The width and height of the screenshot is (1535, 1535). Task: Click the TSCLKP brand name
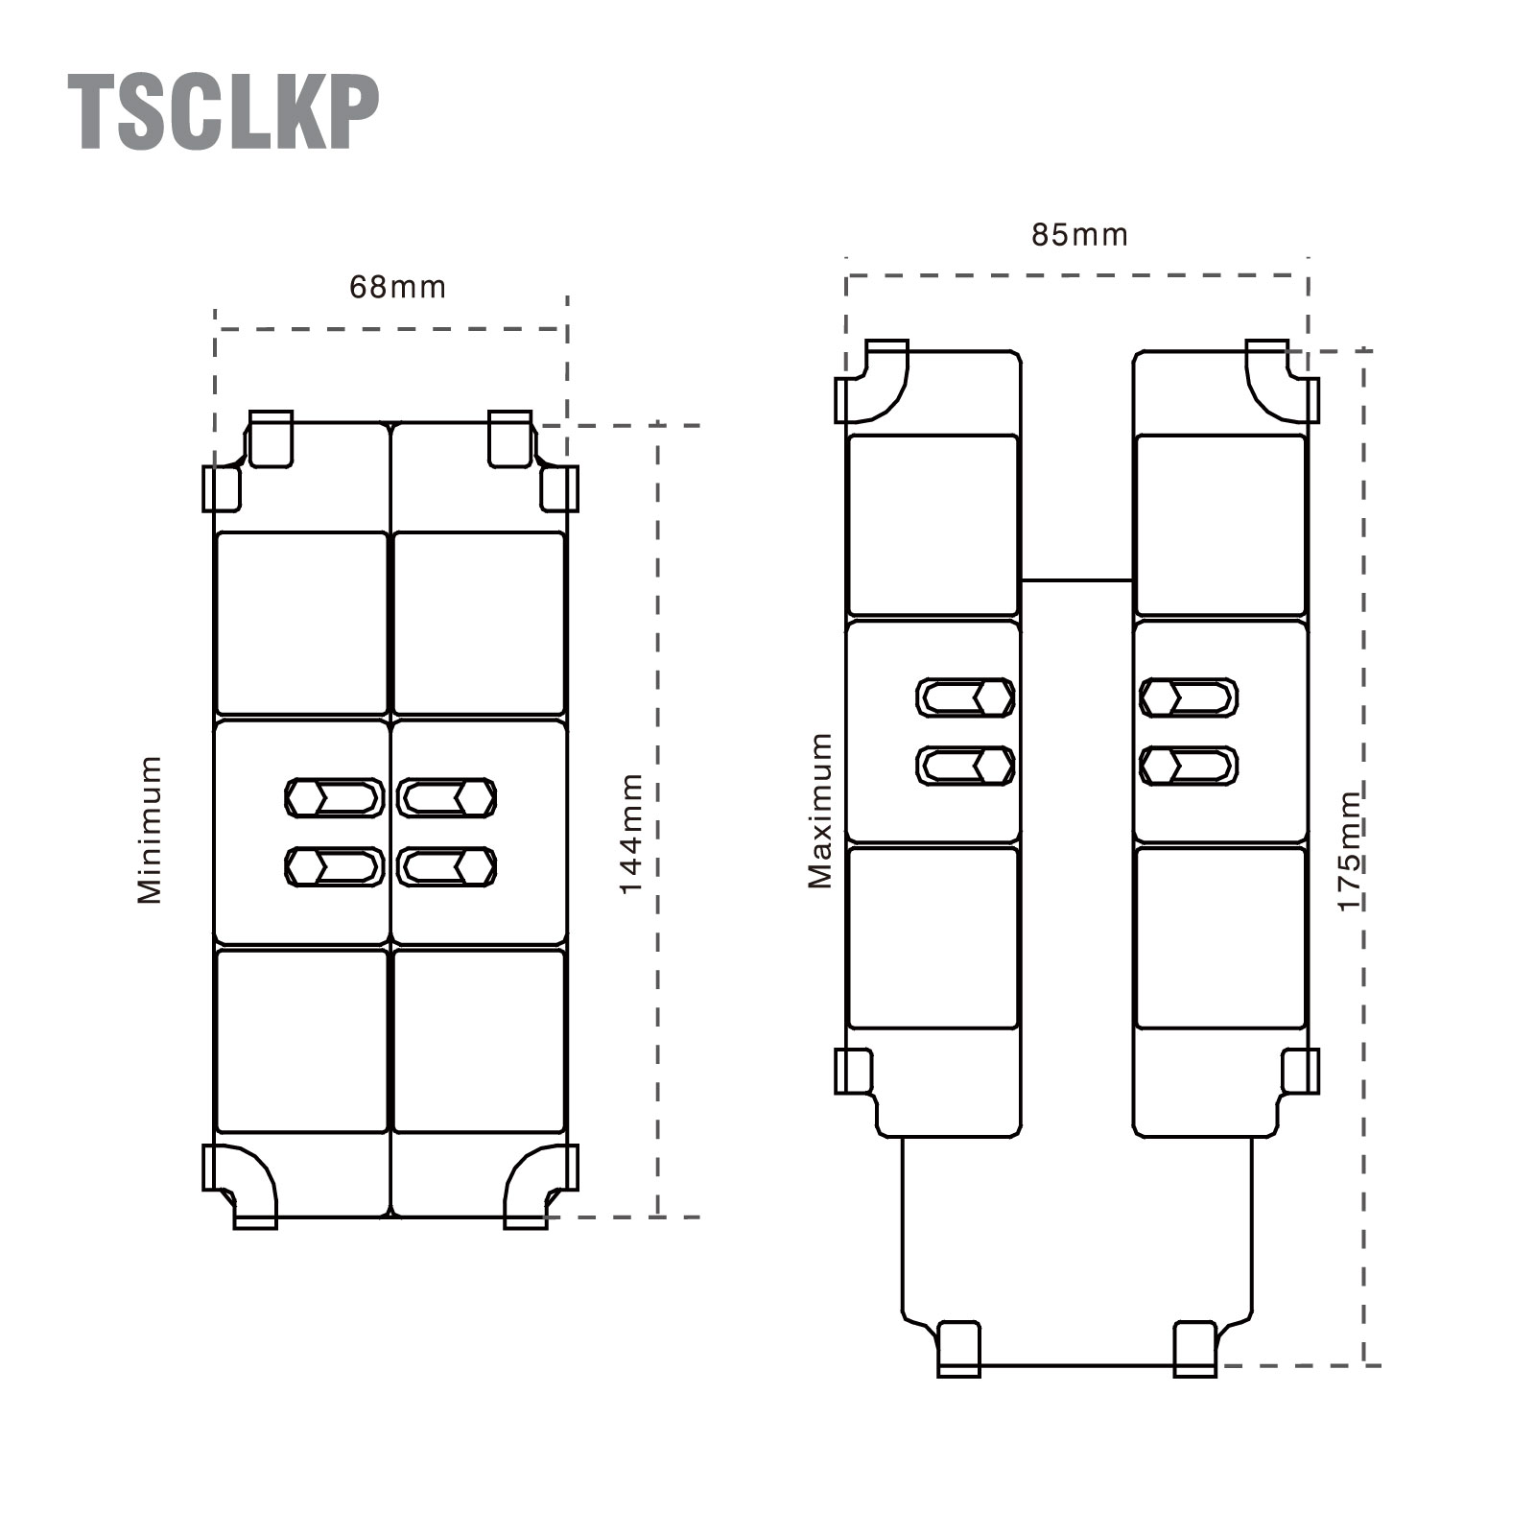pyautogui.click(x=224, y=112)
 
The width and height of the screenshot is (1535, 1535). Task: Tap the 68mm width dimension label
pyautogui.click(x=397, y=287)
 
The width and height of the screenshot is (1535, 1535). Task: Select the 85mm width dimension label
pyautogui.click(x=1079, y=235)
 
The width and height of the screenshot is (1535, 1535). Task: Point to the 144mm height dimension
pyautogui.click(x=630, y=833)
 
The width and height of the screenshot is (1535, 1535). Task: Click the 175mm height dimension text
pyautogui.click(x=1350, y=851)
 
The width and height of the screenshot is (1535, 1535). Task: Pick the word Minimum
pyautogui.click(x=150, y=829)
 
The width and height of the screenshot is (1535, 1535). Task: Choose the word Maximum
pyautogui.click(x=820, y=811)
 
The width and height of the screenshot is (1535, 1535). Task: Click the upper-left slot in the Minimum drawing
pyautogui.click(x=335, y=797)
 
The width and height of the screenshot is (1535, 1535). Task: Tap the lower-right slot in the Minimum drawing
pyautogui.click(x=446, y=866)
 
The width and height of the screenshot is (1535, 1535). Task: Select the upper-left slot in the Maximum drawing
pyautogui.click(x=965, y=697)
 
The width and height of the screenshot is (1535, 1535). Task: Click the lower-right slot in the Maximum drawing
pyautogui.click(x=1189, y=766)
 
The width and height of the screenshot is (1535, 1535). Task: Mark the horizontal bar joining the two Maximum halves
pyautogui.click(x=1076, y=580)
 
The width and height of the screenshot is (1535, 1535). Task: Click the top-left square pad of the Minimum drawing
pyautogui.click(x=302, y=624)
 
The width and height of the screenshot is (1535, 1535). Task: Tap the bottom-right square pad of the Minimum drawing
pyautogui.click(x=480, y=1041)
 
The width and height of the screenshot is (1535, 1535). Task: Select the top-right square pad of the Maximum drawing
pyautogui.click(x=1220, y=525)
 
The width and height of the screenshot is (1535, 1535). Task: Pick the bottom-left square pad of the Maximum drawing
pyautogui.click(x=933, y=938)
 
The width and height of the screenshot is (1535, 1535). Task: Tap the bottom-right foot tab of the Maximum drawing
pyautogui.click(x=1195, y=1348)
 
